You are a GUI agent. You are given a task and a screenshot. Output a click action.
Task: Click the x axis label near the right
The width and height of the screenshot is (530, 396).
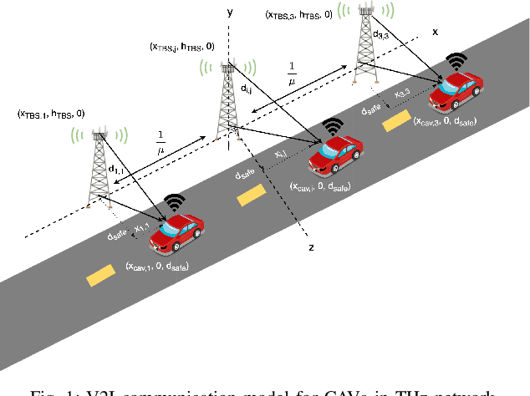(435, 31)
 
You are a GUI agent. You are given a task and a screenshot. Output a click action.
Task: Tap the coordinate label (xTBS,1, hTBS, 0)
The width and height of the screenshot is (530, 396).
(50, 113)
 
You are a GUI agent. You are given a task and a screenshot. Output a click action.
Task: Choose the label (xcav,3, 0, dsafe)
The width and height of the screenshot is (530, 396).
(446, 121)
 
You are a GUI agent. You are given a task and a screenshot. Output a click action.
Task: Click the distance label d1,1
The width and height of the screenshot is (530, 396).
(118, 170)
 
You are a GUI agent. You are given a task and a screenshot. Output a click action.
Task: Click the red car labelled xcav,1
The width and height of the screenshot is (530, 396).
(176, 233)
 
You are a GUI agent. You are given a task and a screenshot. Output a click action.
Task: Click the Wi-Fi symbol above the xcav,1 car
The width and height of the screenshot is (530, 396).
(175, 201)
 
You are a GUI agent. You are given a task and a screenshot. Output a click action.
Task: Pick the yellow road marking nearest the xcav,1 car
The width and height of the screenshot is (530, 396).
(98, 273)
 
